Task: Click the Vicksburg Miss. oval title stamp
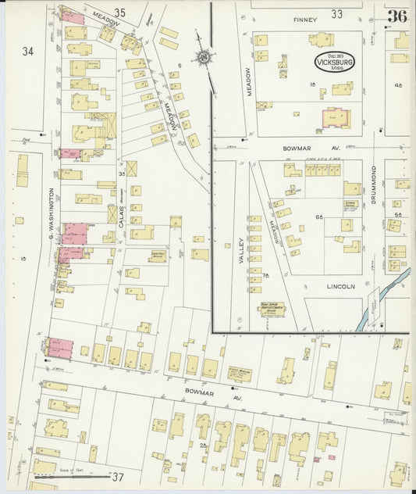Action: coord(334,62)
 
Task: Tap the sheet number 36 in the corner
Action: coord(397,16)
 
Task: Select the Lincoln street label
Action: coord(340,287)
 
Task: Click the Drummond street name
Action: coord(374,185)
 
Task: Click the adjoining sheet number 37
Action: coord(118,477)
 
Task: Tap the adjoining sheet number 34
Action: coord(28,52)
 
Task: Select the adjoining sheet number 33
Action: coord(336,13)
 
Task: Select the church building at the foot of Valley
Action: coord(267,310)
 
